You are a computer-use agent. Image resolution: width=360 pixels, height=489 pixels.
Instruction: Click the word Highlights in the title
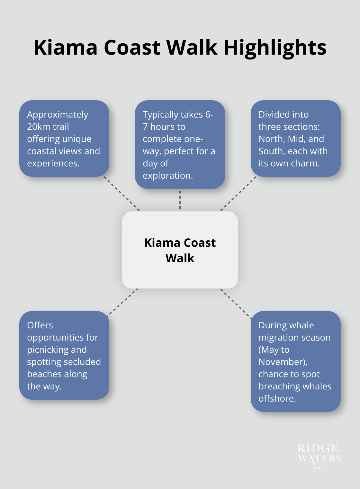click(x=275, y=48)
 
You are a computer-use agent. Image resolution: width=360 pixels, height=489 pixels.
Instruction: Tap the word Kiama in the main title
click(x=66, y=48)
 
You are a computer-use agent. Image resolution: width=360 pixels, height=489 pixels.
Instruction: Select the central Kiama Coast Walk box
click(x=180, y=250)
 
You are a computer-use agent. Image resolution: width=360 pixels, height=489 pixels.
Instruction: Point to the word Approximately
click(x=58, y=115)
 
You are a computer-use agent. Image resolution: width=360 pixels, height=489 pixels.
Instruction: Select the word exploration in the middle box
click(x=167, y=175)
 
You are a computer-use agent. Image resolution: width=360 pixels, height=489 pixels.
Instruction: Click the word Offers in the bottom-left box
click(x=40, y=325)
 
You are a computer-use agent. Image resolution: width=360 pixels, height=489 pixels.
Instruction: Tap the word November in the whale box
click(x=282, y=362)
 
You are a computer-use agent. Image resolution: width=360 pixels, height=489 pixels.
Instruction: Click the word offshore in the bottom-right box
click(x=277, y=398)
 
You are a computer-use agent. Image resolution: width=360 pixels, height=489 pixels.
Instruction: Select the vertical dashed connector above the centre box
click(x=180, y=200)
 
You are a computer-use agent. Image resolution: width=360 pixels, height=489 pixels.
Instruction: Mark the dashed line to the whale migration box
click(x=236, y=304)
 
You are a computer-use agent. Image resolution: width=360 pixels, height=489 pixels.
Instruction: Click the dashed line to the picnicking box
click(x=123, y=302)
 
